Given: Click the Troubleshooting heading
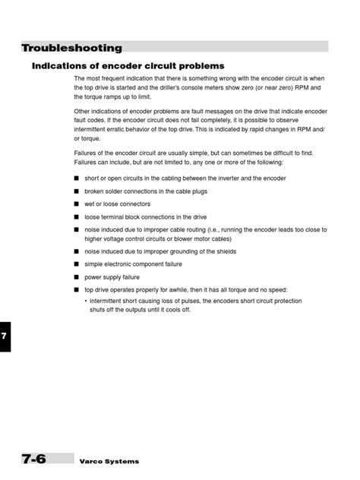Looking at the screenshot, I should point(72,48).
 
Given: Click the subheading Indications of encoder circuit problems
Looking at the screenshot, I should point(128,66).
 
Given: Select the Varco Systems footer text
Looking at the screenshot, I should point(109,462).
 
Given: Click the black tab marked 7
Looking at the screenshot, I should point(5,336).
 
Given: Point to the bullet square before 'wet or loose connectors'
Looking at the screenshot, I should point(77,204).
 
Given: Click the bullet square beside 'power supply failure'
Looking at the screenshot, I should point(77,277).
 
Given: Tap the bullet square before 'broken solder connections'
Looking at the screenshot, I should point(77,191).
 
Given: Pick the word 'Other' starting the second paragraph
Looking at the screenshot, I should point(83,112).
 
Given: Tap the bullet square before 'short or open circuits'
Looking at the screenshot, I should point(77,178).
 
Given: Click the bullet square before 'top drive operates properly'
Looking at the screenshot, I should point(77,290).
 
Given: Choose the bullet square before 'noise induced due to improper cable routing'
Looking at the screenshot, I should point(77,229).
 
